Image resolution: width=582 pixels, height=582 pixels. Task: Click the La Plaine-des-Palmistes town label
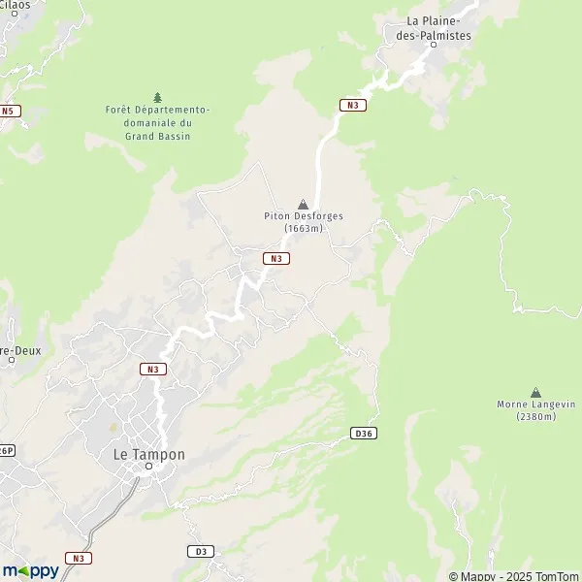(x=438, y=28)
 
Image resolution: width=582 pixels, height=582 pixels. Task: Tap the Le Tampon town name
(x=149, y=454)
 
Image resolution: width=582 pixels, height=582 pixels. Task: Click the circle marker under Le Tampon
(x=149, y=467)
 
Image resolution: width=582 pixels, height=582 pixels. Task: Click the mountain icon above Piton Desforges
(x=304, y=204)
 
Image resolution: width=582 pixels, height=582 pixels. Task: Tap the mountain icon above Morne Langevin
(x=535, y=392)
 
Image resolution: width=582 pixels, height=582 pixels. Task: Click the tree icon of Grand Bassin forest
(x=157, y=97)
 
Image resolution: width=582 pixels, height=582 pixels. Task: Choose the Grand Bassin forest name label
(x=157, y=123)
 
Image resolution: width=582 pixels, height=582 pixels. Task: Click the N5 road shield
(x=10, y=111)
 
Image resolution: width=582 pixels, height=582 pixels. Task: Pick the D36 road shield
(x=363, y=433)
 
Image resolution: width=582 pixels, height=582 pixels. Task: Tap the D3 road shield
(x=200, y=551)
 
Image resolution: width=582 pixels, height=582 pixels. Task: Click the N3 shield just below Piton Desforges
(x=276, y=258)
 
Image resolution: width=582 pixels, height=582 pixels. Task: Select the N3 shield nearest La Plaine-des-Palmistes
(x=352, y=105)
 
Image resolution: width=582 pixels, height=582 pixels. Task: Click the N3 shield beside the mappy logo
(x=79, y=558)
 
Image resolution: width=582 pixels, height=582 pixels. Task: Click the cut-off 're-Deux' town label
(x=19, y=350)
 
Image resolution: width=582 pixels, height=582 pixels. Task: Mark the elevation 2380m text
(x=535, y=417)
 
